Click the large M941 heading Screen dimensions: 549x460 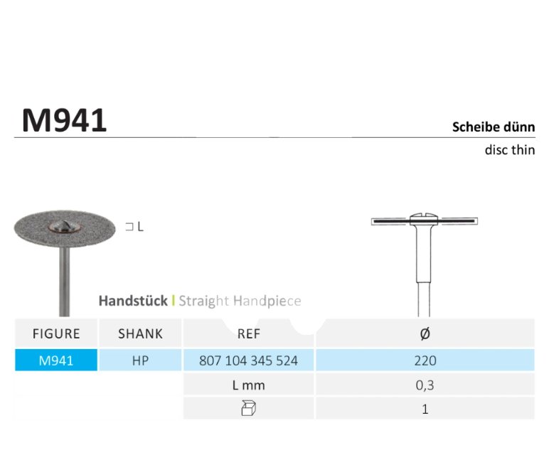pyautogui.click(x=65, y=120)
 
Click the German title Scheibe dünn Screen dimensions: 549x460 pyautogui.click(x=494, y=127)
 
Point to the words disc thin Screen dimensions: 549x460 pyautogui.click(x=510, y=150)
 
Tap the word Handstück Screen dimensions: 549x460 pyautogui.click(x=133, y=301)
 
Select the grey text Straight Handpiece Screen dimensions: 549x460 pyautogui.click(x=240, y=301)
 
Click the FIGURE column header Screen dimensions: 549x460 pyautogui.click(x=56, y=333)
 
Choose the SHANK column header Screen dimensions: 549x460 pyautogui.click(x=140, y=333)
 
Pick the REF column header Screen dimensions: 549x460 pyautogui.click(x=249, y=333)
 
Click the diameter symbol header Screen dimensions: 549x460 pyautogui.click(x=425, y=333)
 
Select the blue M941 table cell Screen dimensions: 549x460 pyautogui.click(x=56, y=360)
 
